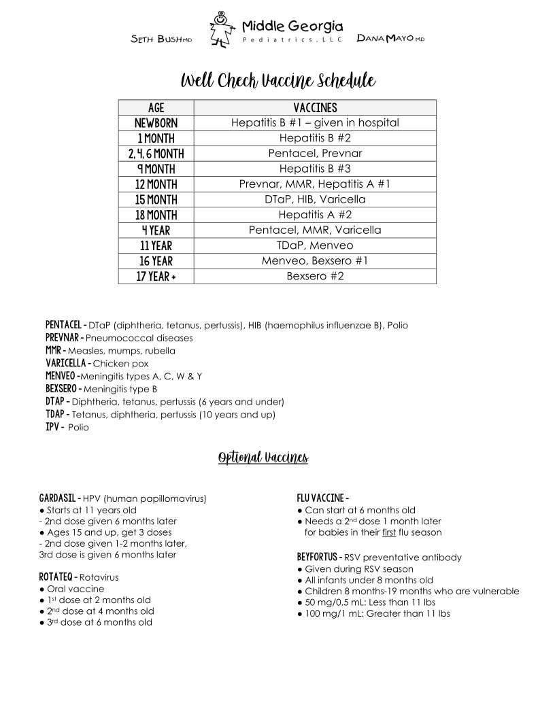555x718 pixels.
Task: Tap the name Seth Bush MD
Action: [x=161, y=39]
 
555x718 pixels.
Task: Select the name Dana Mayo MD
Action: [x=390, y=39]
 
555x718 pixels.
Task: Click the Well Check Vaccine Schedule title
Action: [x=277, y=82]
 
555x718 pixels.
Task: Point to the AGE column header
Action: [x=156, y=108]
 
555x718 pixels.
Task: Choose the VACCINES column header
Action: [x=315, y=108]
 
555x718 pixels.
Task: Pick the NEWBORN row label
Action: [x=156, y=123]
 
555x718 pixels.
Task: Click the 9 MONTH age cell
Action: [x=156, y=169]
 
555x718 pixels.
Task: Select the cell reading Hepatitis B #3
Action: [x=315, y=169]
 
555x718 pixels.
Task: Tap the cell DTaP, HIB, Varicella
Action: [x=315, y=199]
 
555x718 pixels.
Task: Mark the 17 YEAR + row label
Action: [x=156, y=276]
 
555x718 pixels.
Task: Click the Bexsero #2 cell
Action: [x=315, y=276]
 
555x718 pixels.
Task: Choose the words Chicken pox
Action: [x=120, y=364]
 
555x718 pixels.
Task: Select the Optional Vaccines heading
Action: [x=263, y=458]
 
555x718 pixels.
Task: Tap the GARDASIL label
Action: [x=59, y=498]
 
